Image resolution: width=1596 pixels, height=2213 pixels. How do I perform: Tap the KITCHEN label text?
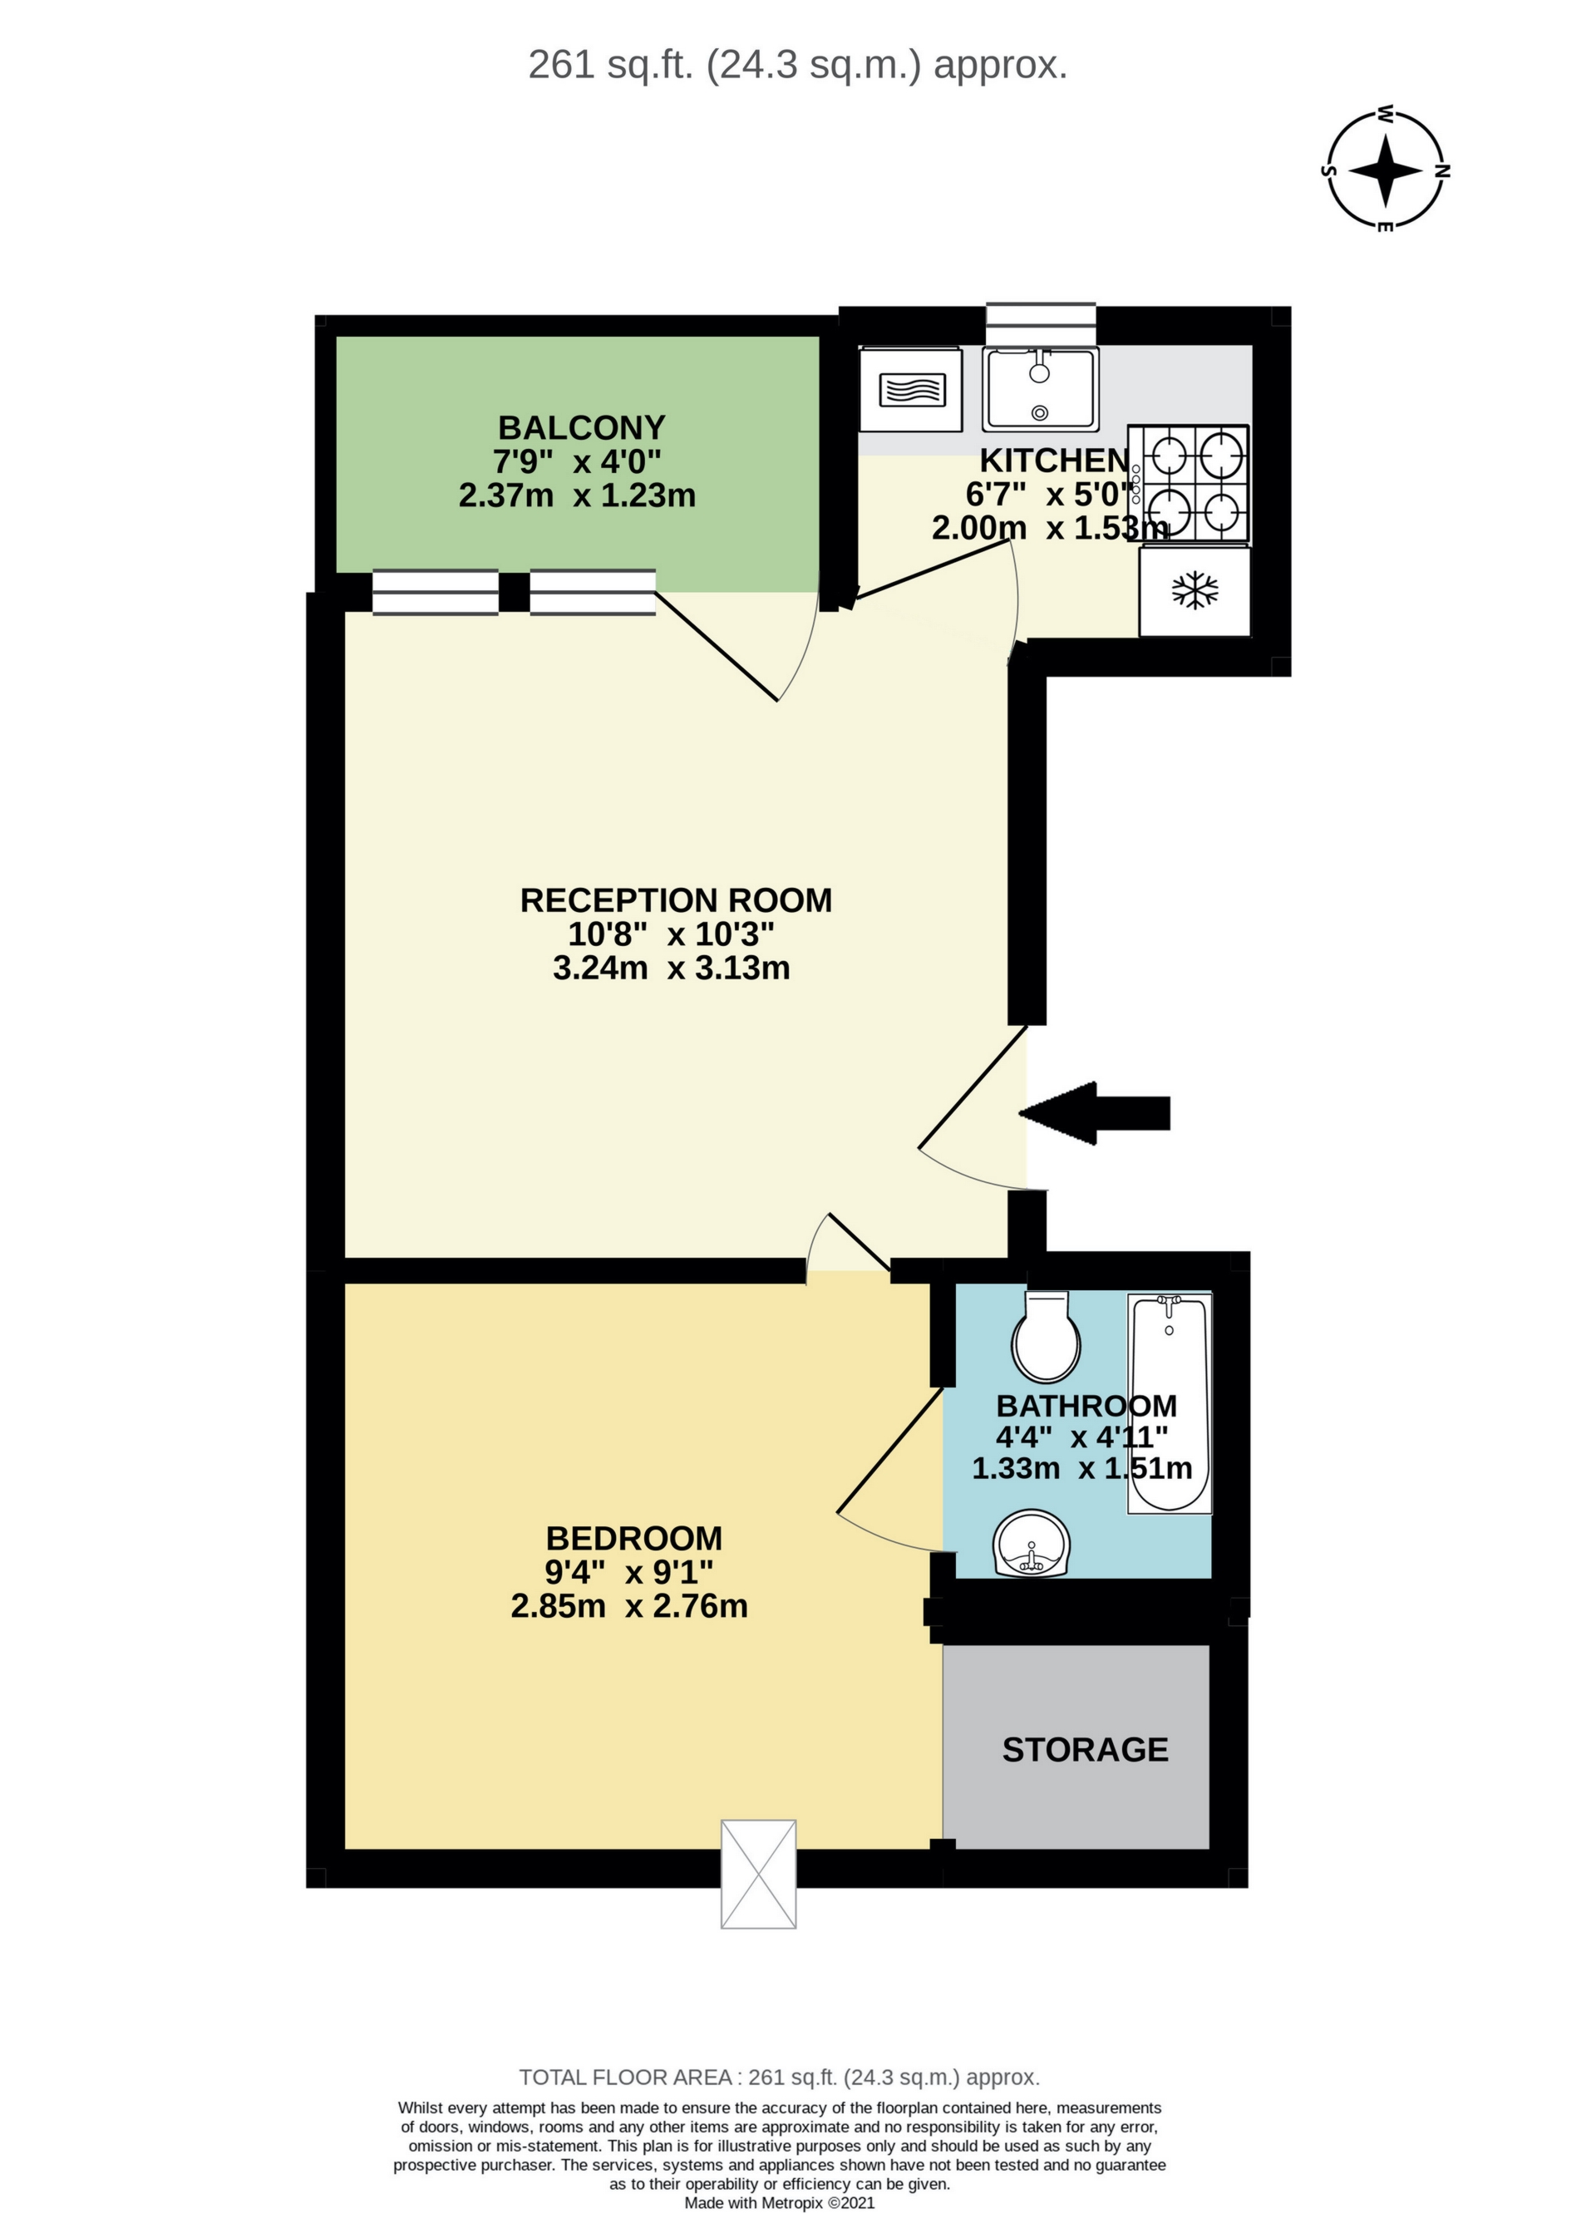[1053, 460]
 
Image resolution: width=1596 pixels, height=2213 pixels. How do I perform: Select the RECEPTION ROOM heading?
[675, 899]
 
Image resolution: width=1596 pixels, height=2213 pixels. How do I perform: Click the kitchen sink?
[1041, 388]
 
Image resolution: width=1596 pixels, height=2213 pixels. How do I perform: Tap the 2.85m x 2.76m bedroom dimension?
[629, 1607]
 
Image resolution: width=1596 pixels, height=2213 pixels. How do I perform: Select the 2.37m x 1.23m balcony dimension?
[578, 495]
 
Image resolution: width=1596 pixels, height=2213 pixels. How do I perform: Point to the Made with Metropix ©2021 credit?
[780, 2202]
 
